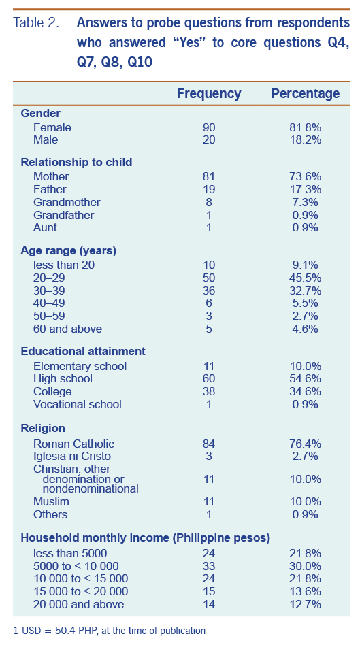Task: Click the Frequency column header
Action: point(209,94)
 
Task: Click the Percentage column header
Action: point(305,94)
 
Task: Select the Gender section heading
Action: point(41,114)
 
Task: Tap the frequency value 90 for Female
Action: point(209,127)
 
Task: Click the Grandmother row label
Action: point(67,202)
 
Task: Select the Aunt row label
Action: point(45,227)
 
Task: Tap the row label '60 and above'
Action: point(67,329)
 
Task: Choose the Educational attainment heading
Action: point(83,351)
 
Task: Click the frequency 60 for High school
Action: point(209,378)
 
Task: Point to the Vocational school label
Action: point(78,404)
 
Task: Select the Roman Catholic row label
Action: point(73,444)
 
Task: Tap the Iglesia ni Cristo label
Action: point(72,456)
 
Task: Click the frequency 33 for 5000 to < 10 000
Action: point(209,566)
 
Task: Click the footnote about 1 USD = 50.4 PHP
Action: point(109,631)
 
